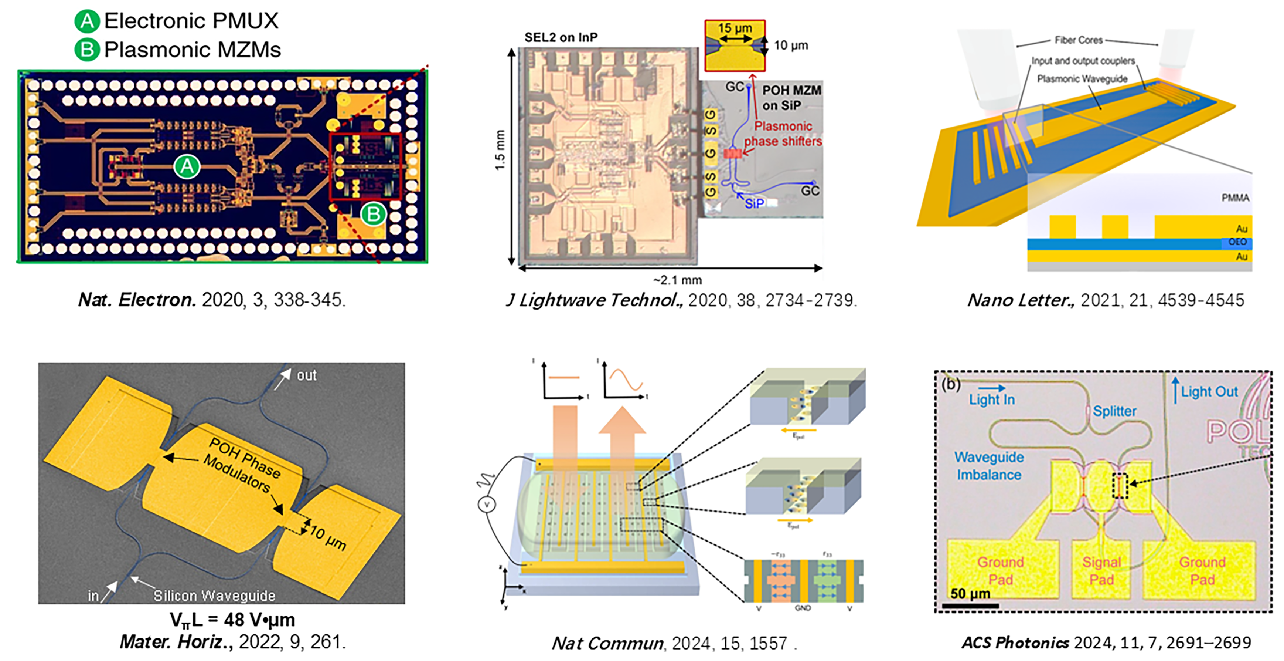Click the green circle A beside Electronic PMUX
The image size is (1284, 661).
(x=87, y=21)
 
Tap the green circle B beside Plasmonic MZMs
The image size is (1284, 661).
(x=87, y=50)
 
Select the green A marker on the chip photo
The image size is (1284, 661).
(x=187, y=166)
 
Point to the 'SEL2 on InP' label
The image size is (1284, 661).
(x=561, y=37)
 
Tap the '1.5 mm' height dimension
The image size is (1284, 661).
(x=500, y=150)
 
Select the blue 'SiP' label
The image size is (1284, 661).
(x=754, y=203)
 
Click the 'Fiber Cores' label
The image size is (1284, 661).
(x=1079, y=40)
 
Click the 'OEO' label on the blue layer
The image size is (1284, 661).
(x=1237, y=242)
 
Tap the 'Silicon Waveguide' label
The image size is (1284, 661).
(x=214, y=596)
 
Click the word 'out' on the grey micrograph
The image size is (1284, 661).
(x=307, y=375)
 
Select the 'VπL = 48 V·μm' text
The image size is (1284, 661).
(x=232, y=620)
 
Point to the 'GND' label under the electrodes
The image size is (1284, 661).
(x=803, y=608)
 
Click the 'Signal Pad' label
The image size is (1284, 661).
(x=1101, y=571)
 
